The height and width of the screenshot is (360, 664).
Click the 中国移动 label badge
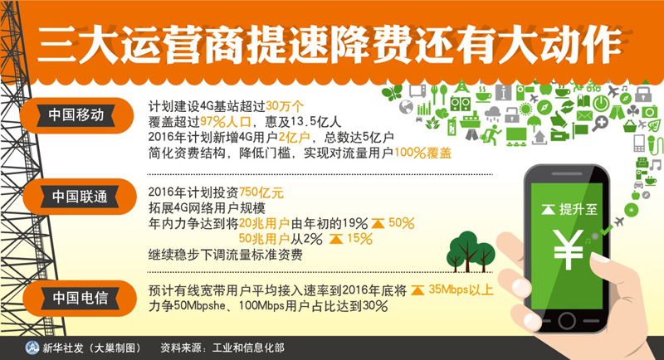[76, 115]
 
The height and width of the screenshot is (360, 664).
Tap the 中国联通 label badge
[80, 197]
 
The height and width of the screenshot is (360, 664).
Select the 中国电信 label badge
[80, 299]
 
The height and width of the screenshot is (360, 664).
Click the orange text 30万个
[285, 106]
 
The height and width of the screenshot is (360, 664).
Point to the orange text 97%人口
[226, 122]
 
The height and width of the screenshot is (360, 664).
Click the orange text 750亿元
[261, 193]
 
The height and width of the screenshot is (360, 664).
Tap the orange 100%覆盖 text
[422, 153]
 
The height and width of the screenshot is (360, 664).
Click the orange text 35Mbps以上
[461, 289]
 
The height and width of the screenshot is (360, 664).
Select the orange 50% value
[401, 223]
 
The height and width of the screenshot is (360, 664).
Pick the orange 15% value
[359, 239]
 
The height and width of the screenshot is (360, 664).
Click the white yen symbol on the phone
[568, 250]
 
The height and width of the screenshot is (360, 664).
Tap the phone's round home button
[567, 321]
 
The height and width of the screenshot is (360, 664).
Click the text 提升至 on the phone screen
[578, 209]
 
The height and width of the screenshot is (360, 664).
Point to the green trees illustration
[471, 251]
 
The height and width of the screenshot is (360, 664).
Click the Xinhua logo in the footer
[32, 348]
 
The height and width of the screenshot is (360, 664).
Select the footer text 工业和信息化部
[248, 348]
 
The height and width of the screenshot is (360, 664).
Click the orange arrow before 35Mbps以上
[417, 290]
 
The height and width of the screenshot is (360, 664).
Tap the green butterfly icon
[392, 93]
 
